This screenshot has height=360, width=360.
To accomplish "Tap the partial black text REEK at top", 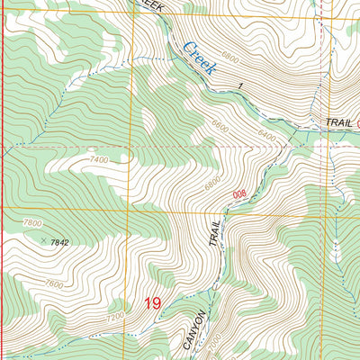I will pos(151,4).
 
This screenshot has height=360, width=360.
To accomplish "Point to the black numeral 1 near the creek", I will pos(241,85).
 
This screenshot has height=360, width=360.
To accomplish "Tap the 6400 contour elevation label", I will pos(267,135).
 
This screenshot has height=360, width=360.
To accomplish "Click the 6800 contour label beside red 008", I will pos(212,179).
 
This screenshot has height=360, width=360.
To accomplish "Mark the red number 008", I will pos(238,193).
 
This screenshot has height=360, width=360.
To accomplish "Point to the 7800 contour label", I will pos(33,222).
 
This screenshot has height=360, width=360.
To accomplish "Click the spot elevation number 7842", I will pos(60,242).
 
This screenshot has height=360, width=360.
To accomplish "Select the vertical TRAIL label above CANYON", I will pos(215,235).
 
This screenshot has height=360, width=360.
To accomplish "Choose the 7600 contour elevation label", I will pos(54,285).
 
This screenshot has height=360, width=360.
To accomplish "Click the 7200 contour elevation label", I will pos(115,317).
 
